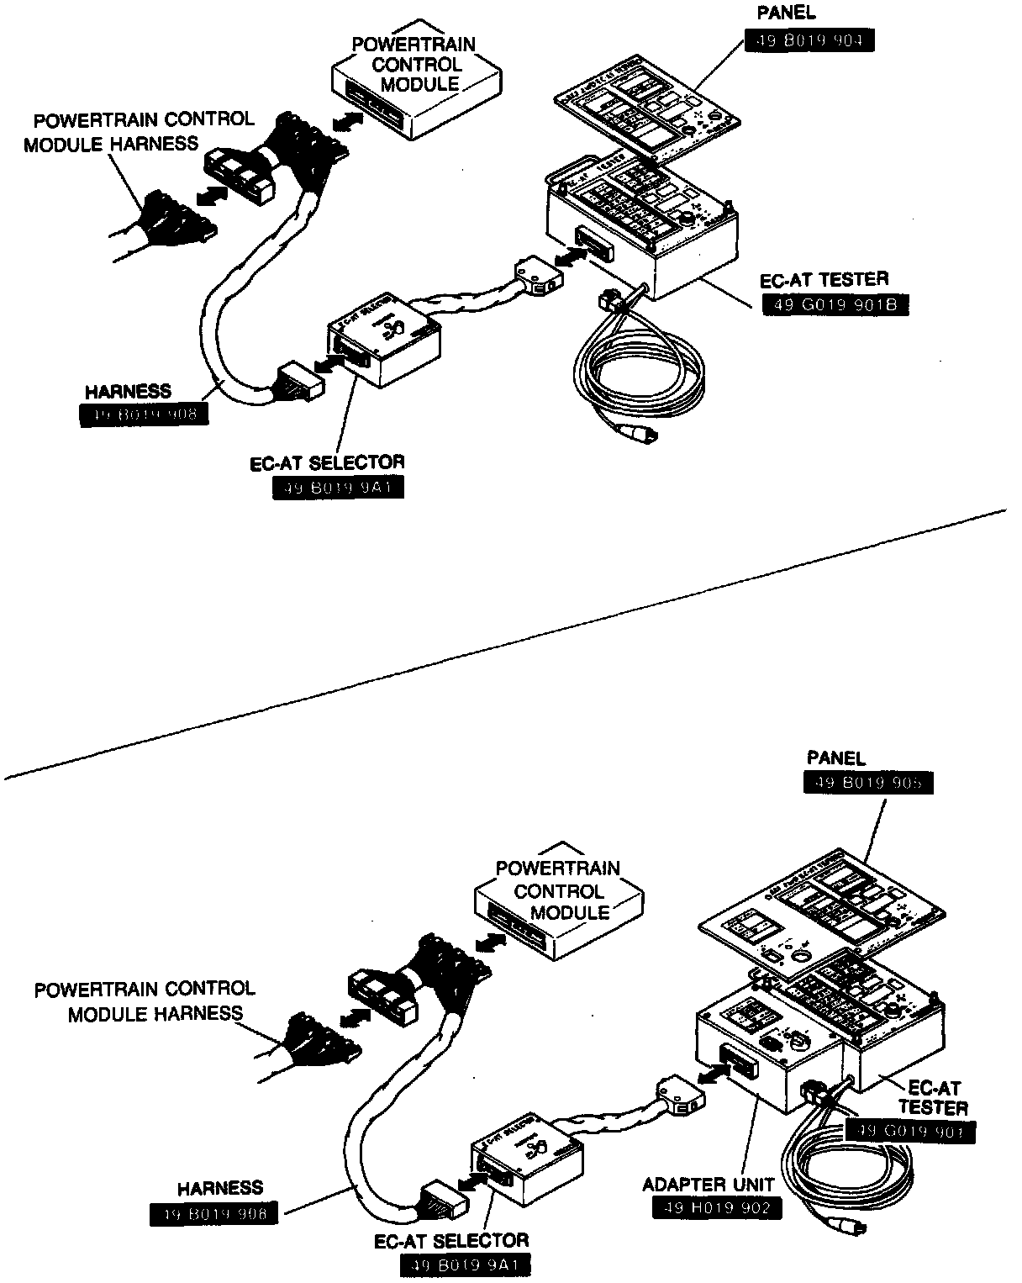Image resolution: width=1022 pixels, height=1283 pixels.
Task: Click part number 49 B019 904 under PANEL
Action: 809,40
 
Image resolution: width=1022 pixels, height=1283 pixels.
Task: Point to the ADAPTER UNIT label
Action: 696,1185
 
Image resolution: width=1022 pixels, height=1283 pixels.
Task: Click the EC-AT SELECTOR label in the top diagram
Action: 327,462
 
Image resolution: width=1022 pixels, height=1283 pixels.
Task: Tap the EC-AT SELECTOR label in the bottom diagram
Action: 451,1240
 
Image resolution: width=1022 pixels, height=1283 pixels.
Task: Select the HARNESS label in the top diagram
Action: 128,392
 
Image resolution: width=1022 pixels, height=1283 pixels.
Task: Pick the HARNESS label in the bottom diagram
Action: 219,1188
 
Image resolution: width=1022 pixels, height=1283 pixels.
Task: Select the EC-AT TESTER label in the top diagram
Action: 824,280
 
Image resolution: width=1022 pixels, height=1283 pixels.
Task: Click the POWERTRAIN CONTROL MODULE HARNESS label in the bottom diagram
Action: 145,1001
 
